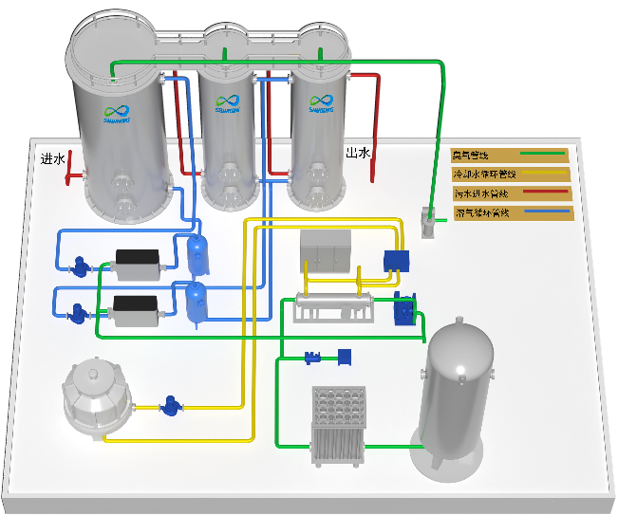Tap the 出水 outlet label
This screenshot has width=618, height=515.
click(357, 153)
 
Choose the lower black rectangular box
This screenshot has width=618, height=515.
click(134, 309)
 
